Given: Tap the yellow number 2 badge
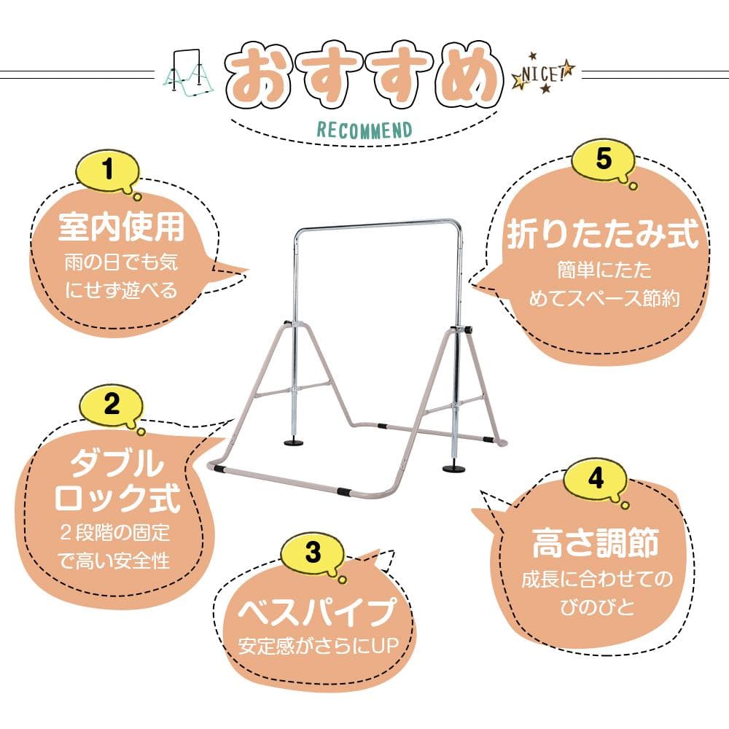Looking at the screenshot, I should (111, 405).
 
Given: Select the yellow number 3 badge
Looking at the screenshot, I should (313, 553).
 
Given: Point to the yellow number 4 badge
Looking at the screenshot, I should (596, 479).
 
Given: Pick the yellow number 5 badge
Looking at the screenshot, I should (602, 160).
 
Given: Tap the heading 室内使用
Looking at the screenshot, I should (121, 228).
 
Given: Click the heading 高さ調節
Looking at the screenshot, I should (596, 544).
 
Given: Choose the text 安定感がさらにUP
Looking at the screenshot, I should (318, 646).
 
